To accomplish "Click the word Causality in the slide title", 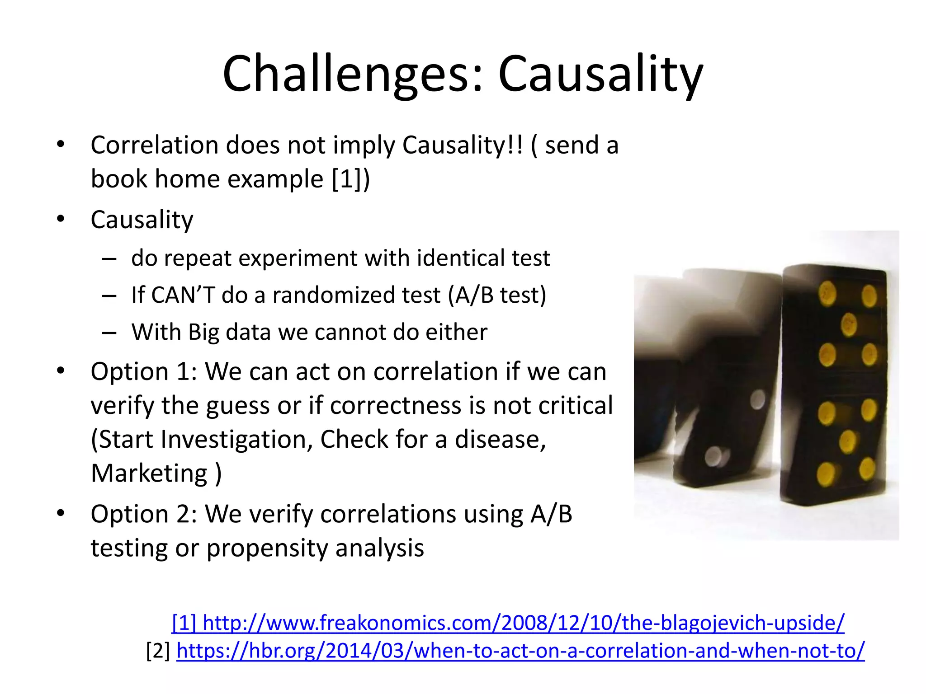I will (600, 75).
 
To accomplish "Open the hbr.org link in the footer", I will (520, 651).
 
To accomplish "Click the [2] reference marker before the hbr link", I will (158, 651).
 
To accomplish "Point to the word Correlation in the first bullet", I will (154, 145).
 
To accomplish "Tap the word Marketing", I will (149, 474).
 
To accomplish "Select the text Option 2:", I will (144, 515).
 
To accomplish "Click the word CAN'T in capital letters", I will (183, 295).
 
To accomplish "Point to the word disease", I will (500, 440).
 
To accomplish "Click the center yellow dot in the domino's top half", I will (849, 324).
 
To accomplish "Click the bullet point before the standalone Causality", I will (61, 220).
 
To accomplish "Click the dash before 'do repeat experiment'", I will (109, 259).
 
